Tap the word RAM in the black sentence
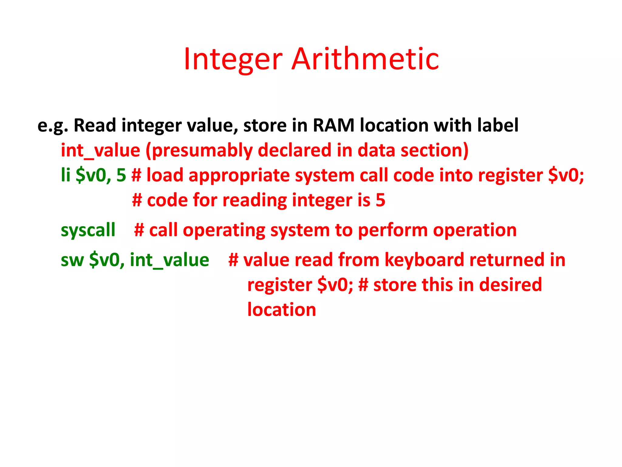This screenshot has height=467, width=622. tap(333, 125)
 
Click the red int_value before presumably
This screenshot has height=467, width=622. tap(100, 150)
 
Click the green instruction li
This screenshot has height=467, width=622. tap(66, 175)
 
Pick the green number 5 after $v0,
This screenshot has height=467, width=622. tap(121, 175)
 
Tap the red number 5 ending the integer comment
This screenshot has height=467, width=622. tap(380, 200)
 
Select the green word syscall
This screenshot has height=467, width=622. tap(88, 230)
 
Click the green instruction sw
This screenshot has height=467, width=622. tap(72, 260)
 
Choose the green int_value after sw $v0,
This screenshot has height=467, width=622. tap(169, 260)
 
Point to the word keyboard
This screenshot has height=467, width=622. tap(424, 260)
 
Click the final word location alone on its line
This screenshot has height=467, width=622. tap(282, 310)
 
